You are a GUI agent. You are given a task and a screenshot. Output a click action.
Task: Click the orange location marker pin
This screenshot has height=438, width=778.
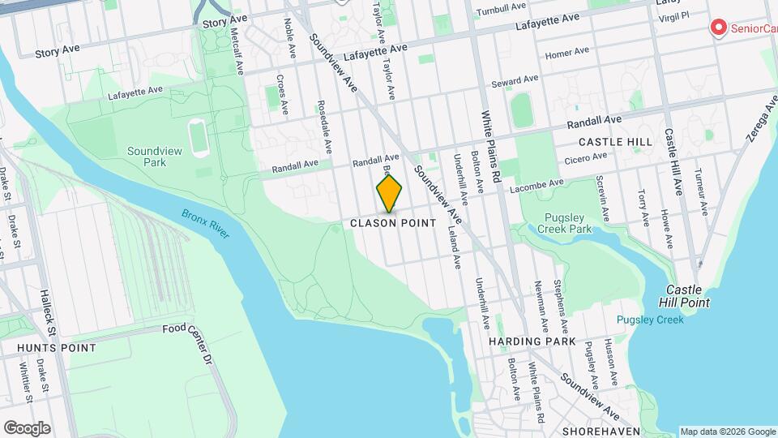[x=389, y=194]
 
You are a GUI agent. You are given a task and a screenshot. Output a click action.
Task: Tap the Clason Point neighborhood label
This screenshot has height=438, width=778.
[x=393, y=223]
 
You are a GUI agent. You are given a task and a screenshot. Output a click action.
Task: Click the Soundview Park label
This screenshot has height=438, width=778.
[x=147, y=157]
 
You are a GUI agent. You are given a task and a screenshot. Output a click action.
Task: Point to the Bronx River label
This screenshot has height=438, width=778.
[x=206, y=225]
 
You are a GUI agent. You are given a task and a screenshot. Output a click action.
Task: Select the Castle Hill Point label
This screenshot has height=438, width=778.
[x=688, y=296]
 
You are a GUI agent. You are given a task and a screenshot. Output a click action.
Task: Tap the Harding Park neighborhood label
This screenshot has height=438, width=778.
[x=532, y=341]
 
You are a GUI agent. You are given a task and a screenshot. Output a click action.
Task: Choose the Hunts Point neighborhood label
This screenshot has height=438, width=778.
[x=56, y=348]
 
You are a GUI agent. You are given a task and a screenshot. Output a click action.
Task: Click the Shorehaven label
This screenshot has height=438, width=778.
[x=601, y=431]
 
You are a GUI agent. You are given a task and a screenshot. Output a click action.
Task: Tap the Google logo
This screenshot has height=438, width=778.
[x=27, y=428]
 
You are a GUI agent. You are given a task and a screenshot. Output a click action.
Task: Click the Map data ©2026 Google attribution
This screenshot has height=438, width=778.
[x=727, y=432]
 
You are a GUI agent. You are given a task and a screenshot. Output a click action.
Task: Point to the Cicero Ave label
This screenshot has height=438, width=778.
[x=586, y=158]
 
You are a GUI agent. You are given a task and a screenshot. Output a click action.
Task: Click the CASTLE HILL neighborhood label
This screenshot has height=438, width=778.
[x=617, y=142]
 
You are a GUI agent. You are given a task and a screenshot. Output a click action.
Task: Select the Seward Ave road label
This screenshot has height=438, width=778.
[x=515, y=82]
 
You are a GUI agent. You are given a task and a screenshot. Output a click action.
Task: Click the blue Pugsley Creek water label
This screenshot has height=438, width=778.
[x=649, y=320]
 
